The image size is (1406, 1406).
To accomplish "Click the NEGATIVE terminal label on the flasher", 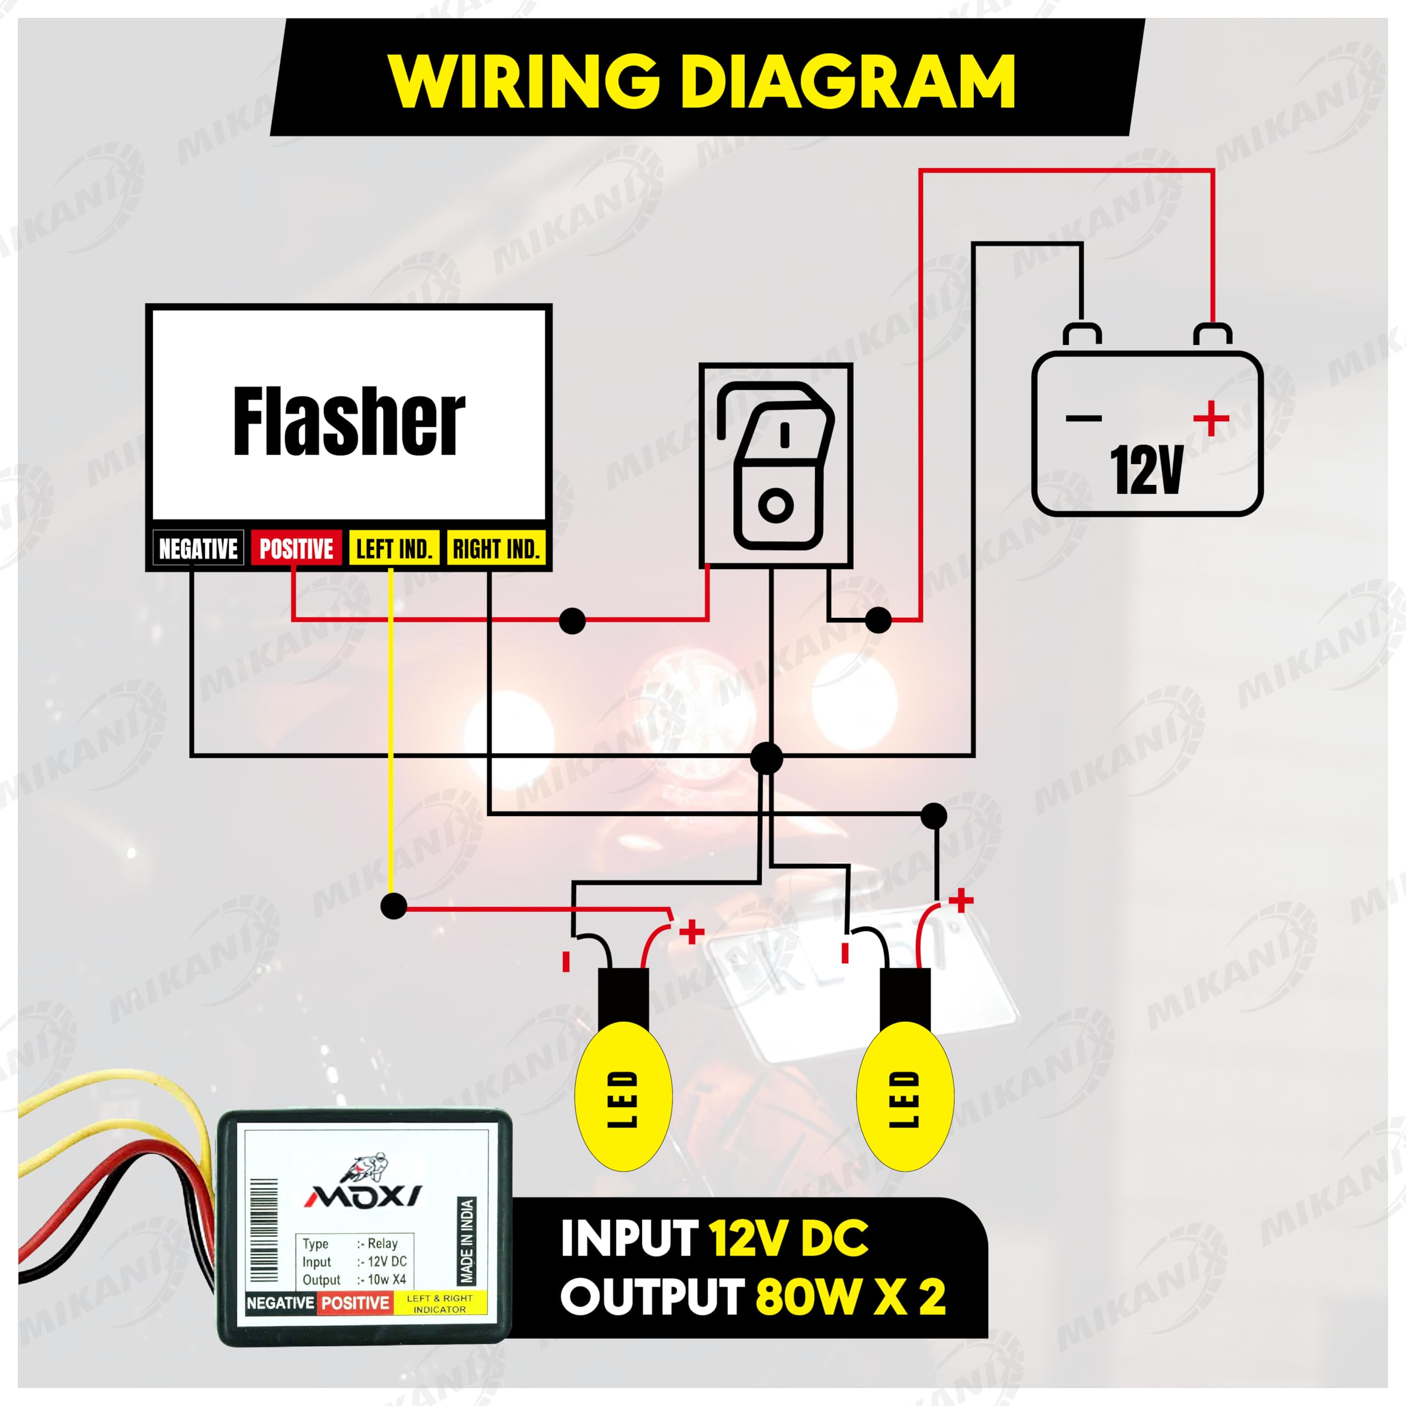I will point(198,549).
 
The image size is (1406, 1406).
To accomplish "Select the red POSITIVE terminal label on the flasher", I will point(296,549).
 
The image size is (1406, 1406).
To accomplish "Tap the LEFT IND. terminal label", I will point(394,549).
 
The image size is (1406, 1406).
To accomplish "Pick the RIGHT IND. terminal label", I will point(495,549).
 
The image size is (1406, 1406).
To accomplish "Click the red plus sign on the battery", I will point(1212,419).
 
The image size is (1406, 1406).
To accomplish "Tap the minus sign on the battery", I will point(1084,419).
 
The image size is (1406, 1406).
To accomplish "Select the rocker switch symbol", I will point(776,465).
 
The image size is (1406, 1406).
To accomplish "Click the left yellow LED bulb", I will point(623,1100).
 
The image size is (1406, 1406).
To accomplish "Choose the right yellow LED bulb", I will point(905,1100).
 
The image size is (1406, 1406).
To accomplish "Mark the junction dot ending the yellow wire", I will point(394,906).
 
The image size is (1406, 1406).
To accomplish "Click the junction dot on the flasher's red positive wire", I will point(573,621).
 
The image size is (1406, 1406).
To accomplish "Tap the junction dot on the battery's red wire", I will point(878,620).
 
